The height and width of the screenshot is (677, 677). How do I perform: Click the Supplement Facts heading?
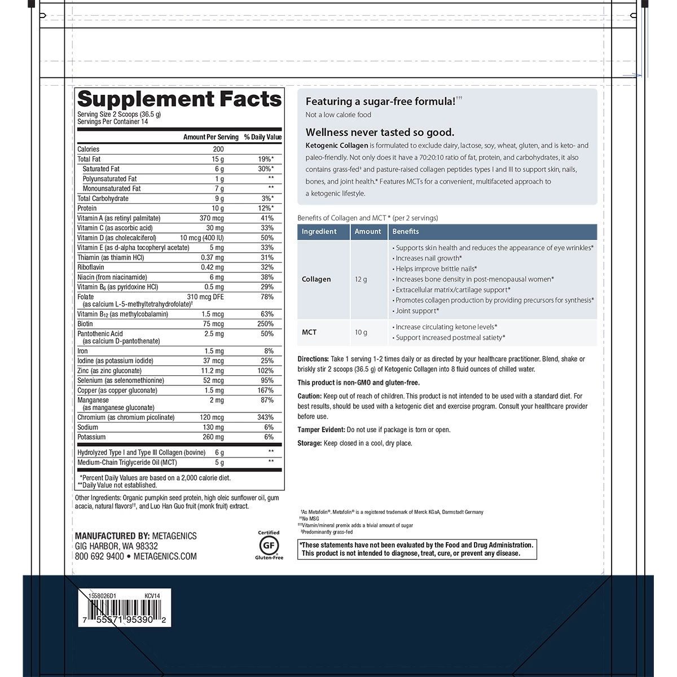(179, 99)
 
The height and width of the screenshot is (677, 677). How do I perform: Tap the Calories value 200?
(218, 150)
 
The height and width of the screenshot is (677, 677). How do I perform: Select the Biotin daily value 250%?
(265, 324)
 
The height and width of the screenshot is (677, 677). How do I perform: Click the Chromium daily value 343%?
(265, 417)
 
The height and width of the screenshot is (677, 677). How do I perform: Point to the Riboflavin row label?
(91, 267)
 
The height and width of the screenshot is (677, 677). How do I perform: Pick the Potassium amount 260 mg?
(213, 437)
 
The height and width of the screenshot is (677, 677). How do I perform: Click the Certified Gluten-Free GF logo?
(269, 546)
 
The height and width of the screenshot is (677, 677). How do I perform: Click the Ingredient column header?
(319, 231)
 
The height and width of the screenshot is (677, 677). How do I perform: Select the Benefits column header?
(406, 231)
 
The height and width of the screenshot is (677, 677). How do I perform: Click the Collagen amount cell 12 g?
(361, 279)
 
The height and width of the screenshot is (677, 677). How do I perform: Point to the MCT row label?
(309, 332)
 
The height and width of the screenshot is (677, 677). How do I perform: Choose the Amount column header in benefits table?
(368, 231)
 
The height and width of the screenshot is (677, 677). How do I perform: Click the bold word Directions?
(313, 359)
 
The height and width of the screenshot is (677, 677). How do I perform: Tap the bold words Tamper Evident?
(321, 430)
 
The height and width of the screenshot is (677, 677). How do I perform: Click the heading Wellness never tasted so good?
(380, 133)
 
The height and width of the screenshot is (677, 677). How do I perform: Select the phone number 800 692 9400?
(99, 556)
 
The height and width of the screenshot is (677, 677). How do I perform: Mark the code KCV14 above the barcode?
(152, 596)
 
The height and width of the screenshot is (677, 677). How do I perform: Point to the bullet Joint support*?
(417, 311)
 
